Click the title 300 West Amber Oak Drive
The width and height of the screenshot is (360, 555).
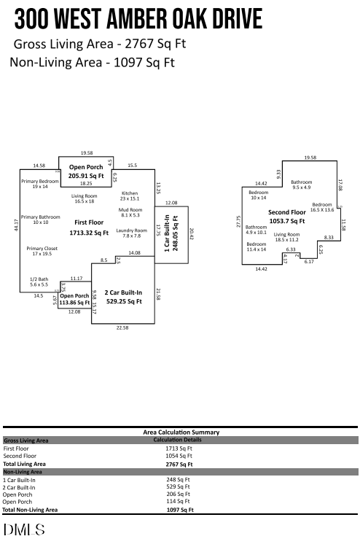[138, 18]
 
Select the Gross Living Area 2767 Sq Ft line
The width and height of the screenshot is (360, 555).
[100, 44]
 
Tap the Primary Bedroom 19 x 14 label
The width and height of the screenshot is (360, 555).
[39, 184]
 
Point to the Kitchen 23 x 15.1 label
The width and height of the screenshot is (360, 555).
[129, 195]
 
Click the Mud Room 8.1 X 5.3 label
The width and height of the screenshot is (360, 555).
[130, 212]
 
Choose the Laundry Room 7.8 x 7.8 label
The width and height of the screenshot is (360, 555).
[132, 233]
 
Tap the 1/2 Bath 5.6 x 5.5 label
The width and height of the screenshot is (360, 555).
[39, 282]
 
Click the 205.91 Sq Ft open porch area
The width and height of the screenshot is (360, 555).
[86, 176]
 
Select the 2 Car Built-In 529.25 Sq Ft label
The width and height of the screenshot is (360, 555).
[122, 296]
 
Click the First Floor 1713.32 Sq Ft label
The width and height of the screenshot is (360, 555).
[89, 228]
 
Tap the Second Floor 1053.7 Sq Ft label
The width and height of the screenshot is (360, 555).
[287, 216]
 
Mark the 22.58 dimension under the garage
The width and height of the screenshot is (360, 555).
[122, 328]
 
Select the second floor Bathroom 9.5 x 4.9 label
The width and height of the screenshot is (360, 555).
[301, 185]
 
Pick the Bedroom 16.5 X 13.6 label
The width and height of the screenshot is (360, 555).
[322, 207]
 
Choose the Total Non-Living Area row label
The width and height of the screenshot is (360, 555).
[30, 510]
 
